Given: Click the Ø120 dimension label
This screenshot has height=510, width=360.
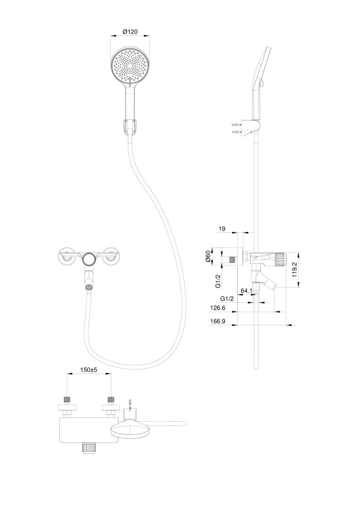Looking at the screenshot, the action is point(130,32).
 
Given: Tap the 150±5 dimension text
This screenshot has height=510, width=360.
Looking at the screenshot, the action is point(89,370).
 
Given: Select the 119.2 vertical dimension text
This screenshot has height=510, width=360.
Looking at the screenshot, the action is point(295,270).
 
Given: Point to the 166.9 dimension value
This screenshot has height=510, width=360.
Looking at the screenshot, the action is point(218,322).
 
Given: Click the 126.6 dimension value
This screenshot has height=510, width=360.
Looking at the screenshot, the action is point(218,308).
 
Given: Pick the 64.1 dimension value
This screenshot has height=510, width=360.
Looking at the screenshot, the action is point(247,290).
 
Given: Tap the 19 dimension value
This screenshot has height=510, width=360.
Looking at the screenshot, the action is point(222,229).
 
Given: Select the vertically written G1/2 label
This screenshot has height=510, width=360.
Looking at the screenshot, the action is point(218,281).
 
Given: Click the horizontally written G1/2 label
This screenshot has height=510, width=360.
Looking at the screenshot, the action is point(227,298).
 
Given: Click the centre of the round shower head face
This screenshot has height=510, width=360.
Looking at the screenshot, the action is point(130,65).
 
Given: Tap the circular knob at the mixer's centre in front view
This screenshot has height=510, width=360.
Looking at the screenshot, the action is point(89,259).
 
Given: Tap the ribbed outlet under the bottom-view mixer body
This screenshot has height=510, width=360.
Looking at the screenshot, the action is point(89,448).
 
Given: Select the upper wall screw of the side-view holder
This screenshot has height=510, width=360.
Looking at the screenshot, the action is point(237,125).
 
